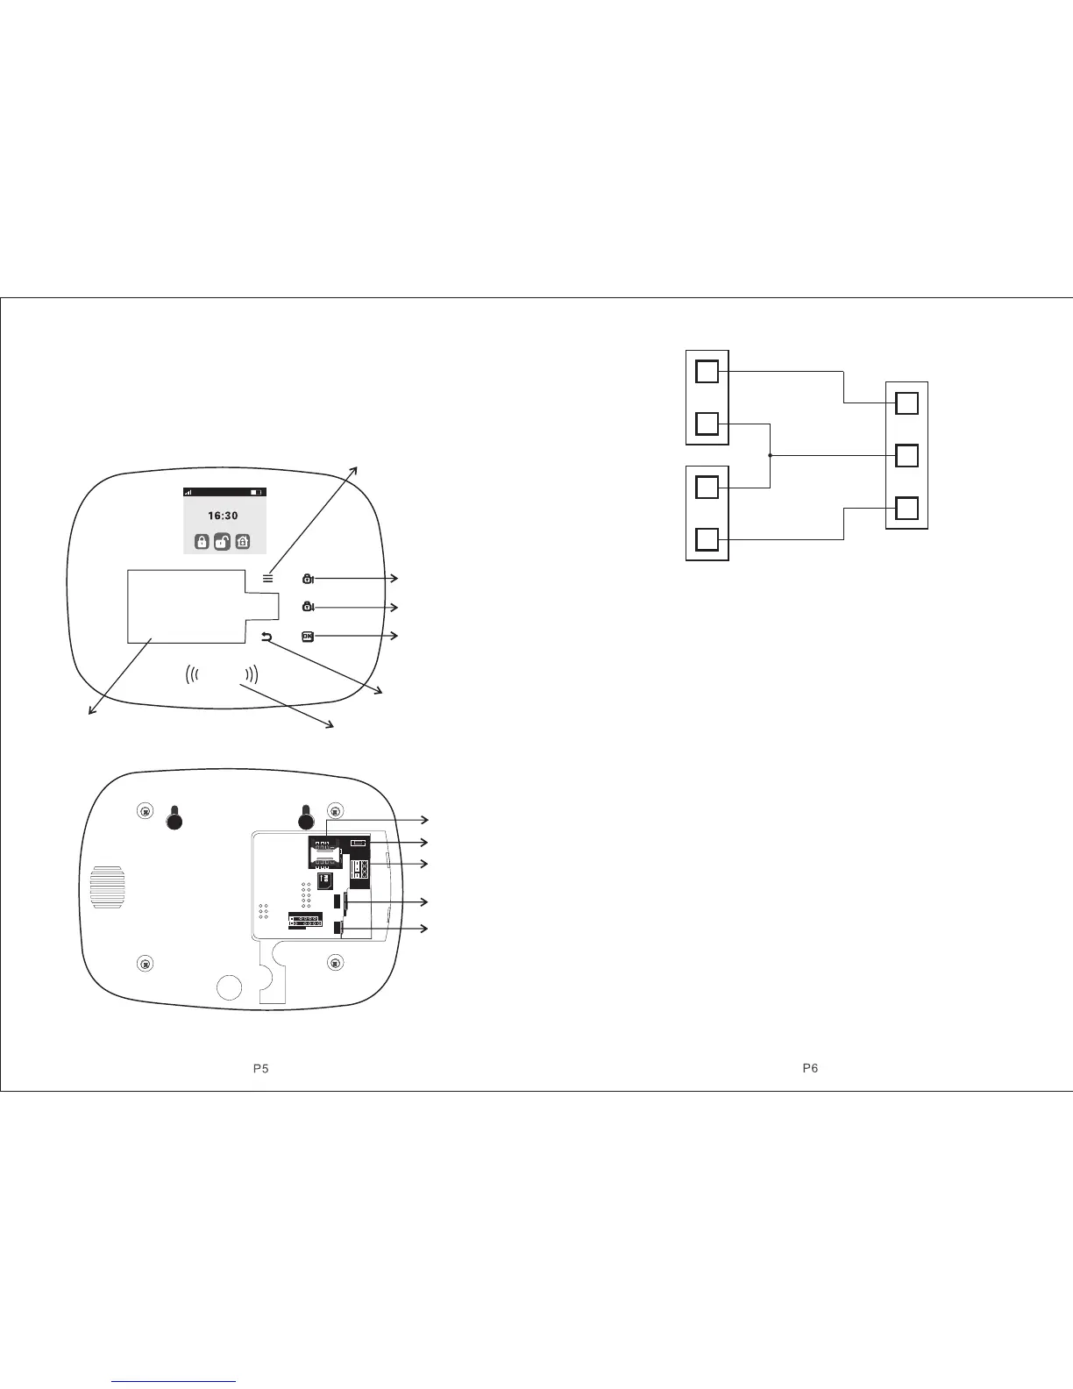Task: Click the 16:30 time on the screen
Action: point(224,516)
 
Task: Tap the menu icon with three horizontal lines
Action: point(268,578)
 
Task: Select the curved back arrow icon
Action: point(267,638)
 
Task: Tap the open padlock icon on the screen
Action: point(223,542)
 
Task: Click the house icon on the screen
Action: point(243,542)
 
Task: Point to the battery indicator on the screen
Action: point(254,492)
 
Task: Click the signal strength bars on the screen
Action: point(188,492)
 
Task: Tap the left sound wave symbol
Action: point(193,674)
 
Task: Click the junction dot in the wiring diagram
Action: point(770,456)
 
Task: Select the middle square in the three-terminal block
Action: point(907,456)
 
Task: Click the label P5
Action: point(259,1068)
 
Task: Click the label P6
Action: point(811,1068)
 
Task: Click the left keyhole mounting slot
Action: point(174,818)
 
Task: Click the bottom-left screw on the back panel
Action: point(146,964)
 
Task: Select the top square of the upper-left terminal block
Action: point(707,372)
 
